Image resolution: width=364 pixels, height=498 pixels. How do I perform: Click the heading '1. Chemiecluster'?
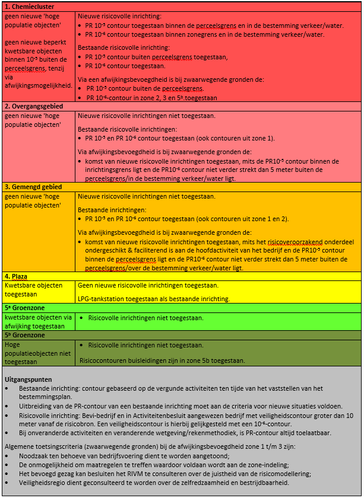[28, 7]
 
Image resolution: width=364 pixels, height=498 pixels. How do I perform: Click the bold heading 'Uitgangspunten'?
[28, 379]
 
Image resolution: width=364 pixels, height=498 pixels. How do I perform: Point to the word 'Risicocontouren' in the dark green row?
[106, 360]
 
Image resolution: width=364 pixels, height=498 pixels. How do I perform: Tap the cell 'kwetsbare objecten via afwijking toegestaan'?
[38, 321]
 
